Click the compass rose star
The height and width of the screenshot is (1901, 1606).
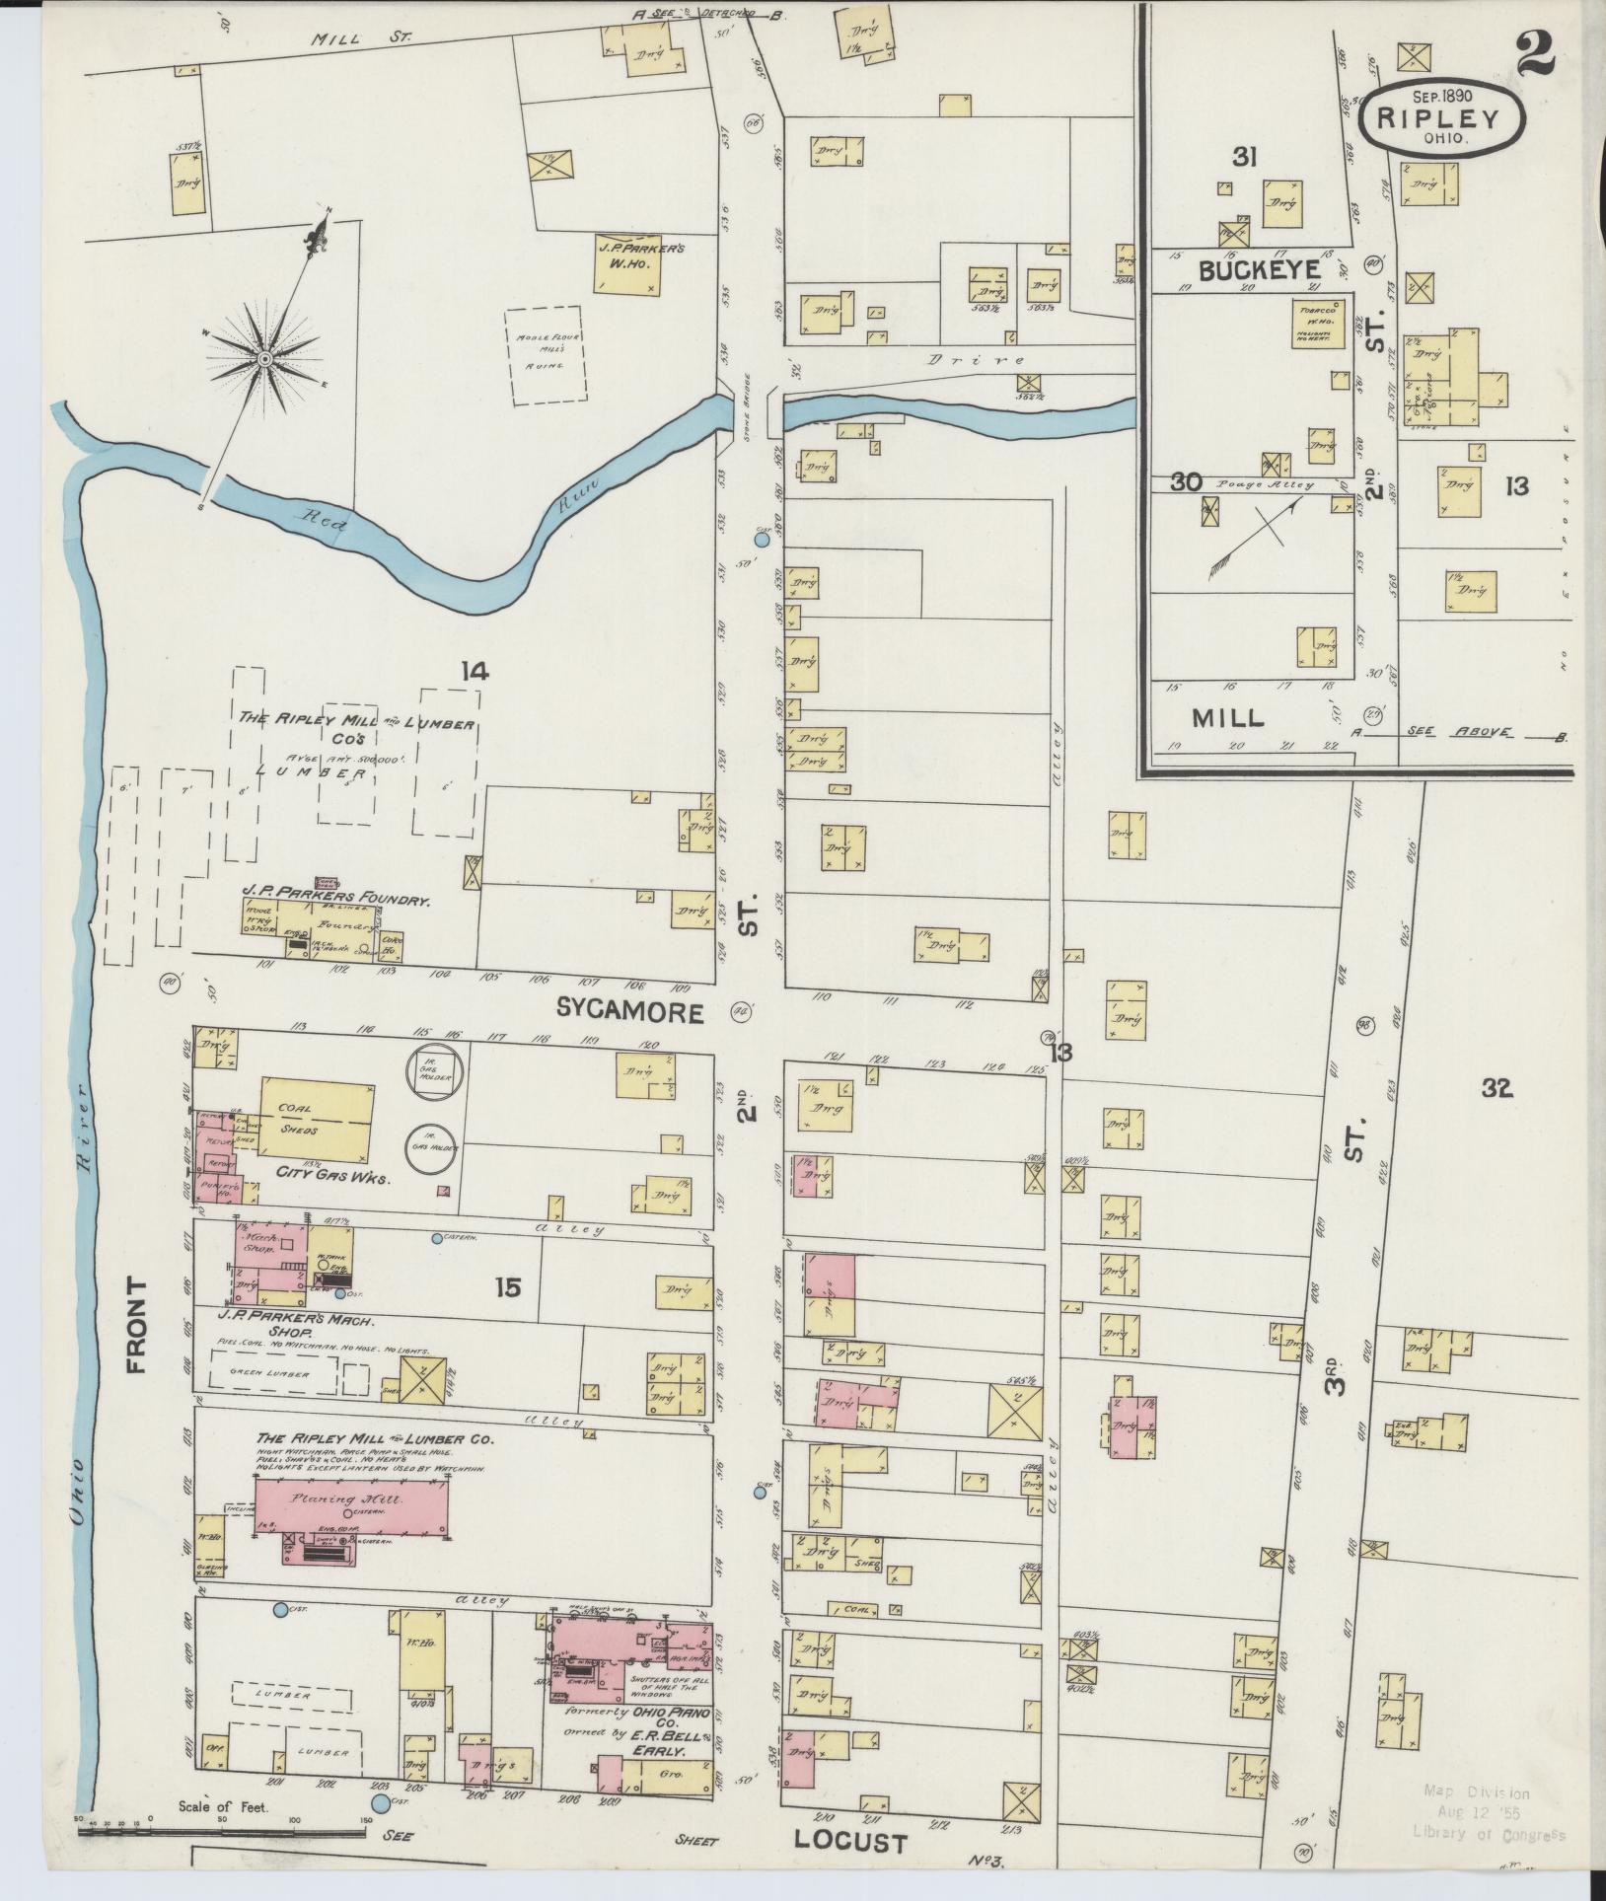(263, 360)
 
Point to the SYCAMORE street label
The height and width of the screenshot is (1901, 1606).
(629, 1011)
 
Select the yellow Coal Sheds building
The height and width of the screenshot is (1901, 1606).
(318, 1119)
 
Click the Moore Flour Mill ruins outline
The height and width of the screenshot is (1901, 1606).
(546, 355)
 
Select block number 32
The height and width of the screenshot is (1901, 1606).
(1496, 1088)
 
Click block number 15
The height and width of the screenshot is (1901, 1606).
(509, 1286)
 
